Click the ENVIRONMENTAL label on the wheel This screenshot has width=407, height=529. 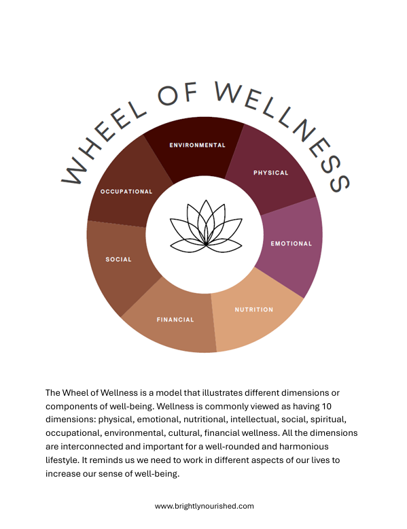click(197, 145)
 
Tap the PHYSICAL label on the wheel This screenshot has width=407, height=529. click(270, 173)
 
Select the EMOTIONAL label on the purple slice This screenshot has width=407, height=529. click(291, 243)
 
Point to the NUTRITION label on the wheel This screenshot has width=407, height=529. click(253, 309)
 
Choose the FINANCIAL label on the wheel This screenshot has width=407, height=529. click(175, 320)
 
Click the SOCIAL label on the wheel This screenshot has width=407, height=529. click(118, 259)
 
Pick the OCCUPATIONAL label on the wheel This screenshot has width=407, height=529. click(126, 192)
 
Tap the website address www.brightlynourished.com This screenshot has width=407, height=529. click(204, 506)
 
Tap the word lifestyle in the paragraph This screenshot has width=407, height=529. click(62, 460)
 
